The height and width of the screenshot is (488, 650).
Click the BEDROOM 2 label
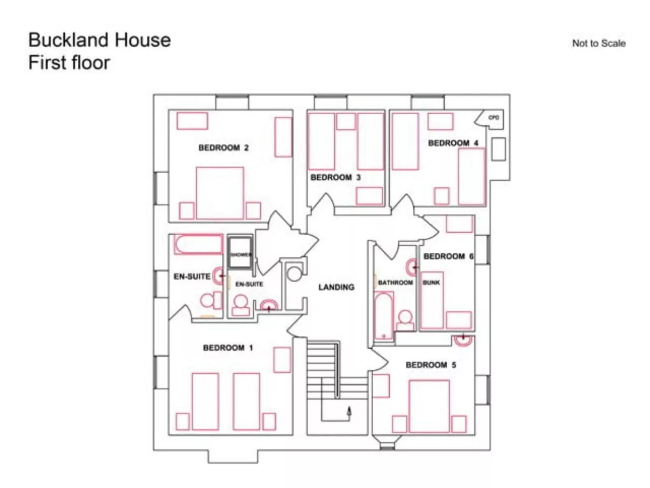point(223,148)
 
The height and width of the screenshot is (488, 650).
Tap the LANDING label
point(336,287)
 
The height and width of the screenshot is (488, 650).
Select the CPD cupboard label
point(493,118)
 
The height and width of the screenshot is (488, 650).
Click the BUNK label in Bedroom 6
point(431,282)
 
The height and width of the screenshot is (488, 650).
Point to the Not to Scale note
point(598,43)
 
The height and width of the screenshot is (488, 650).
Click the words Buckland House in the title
point(100,40)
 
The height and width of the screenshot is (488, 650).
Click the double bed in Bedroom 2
point(220,192)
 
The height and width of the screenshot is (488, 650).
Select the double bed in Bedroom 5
point(429,406)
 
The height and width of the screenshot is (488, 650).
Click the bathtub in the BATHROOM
point(383,316)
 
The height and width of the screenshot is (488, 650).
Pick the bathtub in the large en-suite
point(198,244)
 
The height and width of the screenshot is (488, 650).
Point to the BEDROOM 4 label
point(453,143)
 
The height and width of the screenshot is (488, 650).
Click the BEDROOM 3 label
point(335,177)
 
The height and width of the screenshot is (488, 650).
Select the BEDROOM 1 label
point(227,348)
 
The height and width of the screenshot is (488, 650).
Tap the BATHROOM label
point(395,282)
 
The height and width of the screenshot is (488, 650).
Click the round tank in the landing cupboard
point(295,274)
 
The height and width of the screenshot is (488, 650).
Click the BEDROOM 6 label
point(448,256)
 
